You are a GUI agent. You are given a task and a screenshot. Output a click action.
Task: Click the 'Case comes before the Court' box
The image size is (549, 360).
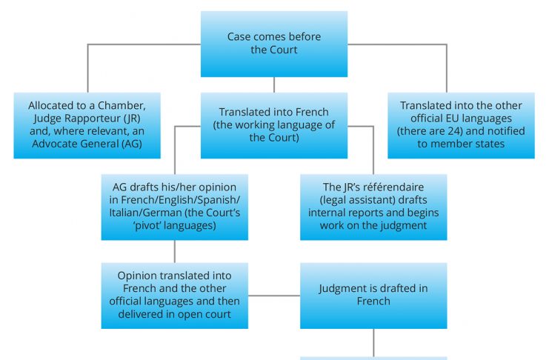[x=274, y=44]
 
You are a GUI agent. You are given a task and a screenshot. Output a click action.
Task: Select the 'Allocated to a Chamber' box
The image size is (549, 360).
[x=87, y=124]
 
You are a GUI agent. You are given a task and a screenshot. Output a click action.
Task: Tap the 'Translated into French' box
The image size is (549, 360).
[x=274, y=124]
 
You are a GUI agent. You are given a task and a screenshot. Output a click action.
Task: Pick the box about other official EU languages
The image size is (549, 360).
[x=461, y=124]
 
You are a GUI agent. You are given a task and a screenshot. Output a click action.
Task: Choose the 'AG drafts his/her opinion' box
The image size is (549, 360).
[x=175, y=207]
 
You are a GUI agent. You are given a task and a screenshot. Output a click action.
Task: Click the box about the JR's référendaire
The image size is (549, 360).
[x=373, y=207]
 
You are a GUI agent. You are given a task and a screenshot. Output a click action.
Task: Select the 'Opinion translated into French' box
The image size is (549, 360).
[x=175, y=295]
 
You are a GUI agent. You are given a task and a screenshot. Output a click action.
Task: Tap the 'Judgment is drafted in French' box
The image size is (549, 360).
[x=373, y=295]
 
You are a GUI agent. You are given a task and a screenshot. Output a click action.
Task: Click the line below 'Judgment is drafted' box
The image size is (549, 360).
[x=373, y=341]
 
